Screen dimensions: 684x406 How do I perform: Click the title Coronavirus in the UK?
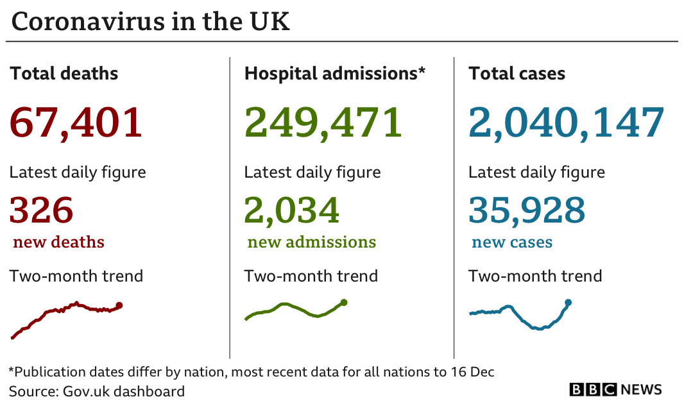[x=151, y=21]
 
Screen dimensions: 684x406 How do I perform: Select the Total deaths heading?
[x=64, y=73]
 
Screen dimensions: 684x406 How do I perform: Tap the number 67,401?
[x=76, y=123]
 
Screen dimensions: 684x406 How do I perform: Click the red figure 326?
[x=42, y=210]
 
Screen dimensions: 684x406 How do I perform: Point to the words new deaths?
[x=59, y=242]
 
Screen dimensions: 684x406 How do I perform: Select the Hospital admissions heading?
[x=334, y=73]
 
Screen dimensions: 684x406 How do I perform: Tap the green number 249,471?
[x=323, y=123]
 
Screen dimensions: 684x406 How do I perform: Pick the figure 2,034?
[x=291, y=210]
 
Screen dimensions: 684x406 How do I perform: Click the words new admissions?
[x=311, y=242]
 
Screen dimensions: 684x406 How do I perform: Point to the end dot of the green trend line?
[x=344, y=302]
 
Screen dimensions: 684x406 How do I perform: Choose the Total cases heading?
[x=517, y=73]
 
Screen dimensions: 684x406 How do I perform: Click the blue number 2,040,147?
[x=566, y=123]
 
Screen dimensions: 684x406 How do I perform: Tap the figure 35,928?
[x=527, y=210]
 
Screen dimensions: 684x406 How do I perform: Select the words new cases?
[x=512, y=242]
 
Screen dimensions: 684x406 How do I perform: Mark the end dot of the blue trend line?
[x=568, y=303]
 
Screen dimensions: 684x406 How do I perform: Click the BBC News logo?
[x=615, y=389]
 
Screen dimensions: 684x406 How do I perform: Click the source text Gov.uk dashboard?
[x=124, y=391]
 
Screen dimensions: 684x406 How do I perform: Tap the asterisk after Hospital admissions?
[x=422, y=70]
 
